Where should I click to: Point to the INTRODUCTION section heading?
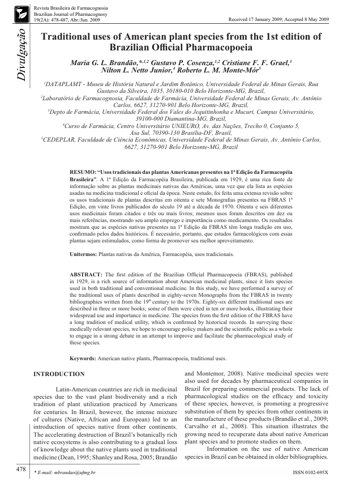click(x=59, y=374)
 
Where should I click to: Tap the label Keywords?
click(x=83, y=359)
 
